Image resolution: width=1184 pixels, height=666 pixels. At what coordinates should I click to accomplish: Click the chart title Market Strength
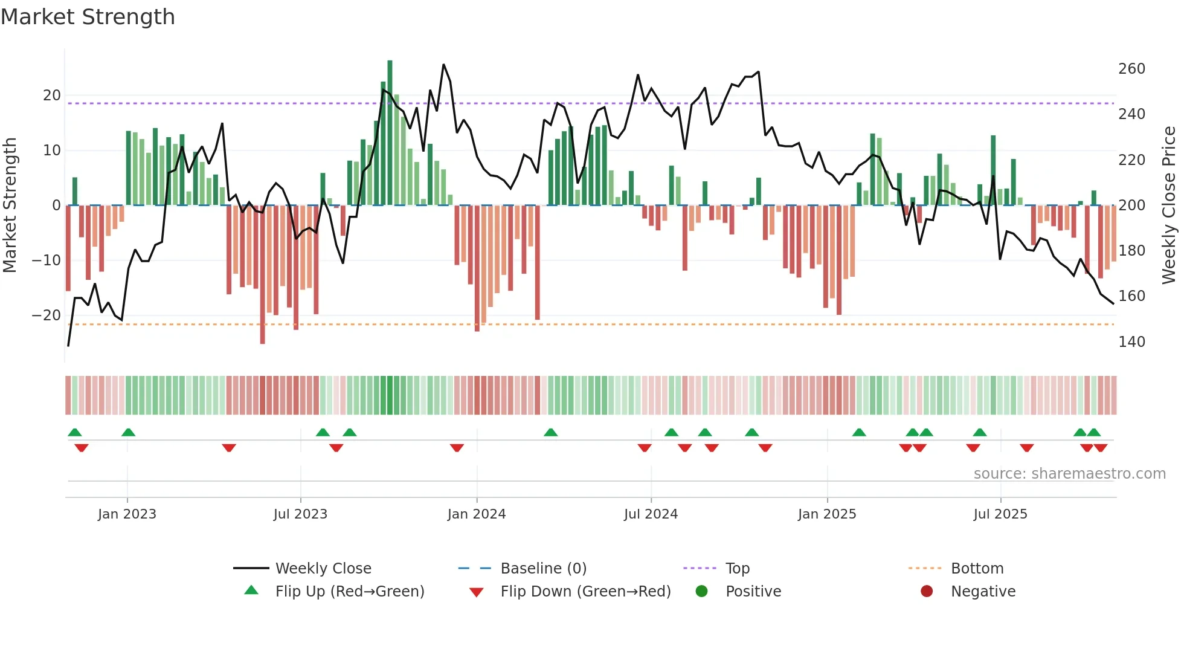pyautogui.click(x=88, y=17)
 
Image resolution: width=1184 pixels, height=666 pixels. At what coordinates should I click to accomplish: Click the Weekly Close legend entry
pyautogui.click(x=323, y=568)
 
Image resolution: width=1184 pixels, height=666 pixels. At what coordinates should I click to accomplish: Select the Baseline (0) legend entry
pyautogui.click(x=543, y=568)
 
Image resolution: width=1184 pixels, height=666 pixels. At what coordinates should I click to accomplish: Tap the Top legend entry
pyautogui.click(x=737, y=568)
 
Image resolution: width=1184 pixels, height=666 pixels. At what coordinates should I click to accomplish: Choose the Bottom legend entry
pyautogui.click(x=977, y=568)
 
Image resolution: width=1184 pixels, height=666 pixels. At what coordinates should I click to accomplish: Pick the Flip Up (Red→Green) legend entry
pyautogui.click(x=349, y=591)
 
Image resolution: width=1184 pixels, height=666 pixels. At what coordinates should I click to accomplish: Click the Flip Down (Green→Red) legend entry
pyautogui.click(x=585, y=591)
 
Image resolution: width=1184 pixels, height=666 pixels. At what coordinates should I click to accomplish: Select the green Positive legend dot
pyautogui.click(x=701, y=591)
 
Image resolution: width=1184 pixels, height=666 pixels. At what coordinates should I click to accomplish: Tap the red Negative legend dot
pyautogui.click(x=927, y=591)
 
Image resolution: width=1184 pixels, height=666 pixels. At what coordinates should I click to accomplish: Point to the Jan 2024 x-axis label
pyautogui.click(x=477, y=514)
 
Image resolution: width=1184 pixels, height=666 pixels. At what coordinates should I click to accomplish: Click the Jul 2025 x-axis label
pyautogui.click(x=1000, y=514)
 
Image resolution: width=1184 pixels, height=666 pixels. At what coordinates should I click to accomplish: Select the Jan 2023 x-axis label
pyautogui.click(x=127, y=514)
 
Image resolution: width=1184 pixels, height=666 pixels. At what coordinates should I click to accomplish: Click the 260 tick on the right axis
pyautogui.click(x=1131, y=68)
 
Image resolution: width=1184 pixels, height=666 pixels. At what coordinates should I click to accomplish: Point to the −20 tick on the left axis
pyautogui.click(x=47, y=315)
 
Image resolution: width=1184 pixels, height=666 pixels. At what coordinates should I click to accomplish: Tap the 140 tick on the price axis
pyautogui.click(x=1131, y=341)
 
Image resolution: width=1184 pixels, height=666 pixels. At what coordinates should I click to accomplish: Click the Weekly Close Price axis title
pyautogui.click(x=1169, y=205)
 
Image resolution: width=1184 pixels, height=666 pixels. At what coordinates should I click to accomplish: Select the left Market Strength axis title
pyautogui.click(x=10, y=205)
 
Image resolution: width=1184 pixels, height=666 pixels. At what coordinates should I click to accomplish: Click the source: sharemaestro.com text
pyautogui.click(x=1069, y=473)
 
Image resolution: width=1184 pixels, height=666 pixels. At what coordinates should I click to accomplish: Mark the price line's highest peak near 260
pyautogui.click(x=443, y=65)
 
